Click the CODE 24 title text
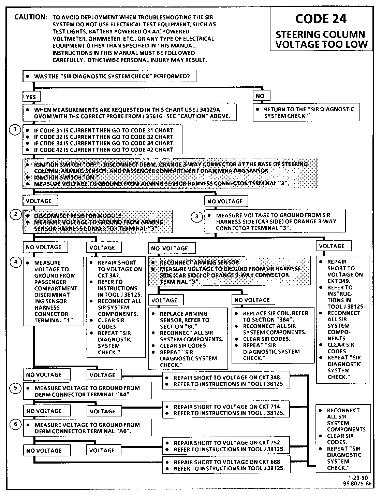(321, 19)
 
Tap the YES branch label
(31, 97)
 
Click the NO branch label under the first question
(260, 96)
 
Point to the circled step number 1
(15, 130)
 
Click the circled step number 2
(16, 214)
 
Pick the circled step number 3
(197, 216)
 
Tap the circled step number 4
(16, 262)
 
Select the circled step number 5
(16, 388)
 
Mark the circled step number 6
(16, 424)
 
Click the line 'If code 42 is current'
(104, 150)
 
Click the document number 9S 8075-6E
(357, 484)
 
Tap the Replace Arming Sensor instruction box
(188, 339)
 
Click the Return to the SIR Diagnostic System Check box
(306, 113)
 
